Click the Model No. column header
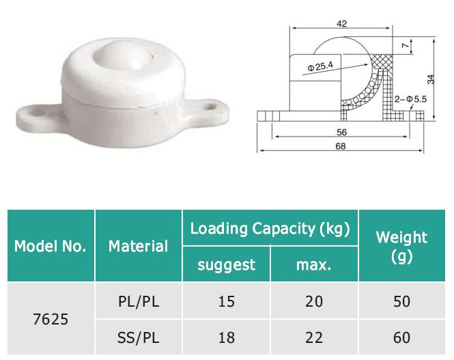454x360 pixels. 51,246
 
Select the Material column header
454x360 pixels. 138,246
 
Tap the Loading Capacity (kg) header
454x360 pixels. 270,228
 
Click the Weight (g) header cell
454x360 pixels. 401,246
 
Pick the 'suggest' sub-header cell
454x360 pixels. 226,264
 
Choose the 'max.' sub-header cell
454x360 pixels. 314,264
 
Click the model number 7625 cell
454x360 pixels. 51,319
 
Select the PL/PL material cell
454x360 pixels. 138,301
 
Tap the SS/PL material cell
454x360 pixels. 138,337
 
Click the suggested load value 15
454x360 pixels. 226,301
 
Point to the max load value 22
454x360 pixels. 314,337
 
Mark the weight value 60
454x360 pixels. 401,337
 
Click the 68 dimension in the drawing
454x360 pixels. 341,146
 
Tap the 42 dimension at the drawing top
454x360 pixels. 341,24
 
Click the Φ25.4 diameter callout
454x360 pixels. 321,67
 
